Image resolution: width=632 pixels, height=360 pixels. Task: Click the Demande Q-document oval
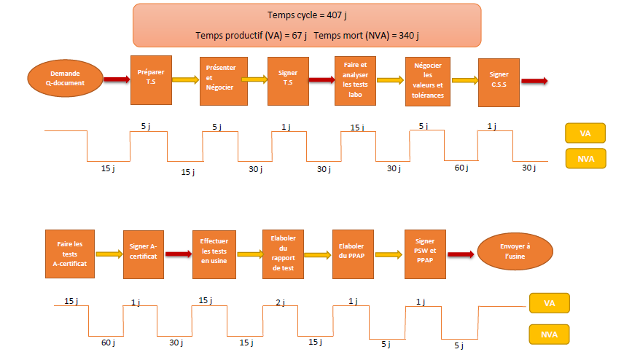pyautogui.click(x=65, y=78)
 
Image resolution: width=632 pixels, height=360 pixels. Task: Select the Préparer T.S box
pyautogui.click(x=150, y=79)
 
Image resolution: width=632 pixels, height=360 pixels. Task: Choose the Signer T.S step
pyautogui.click(x=288, y=79)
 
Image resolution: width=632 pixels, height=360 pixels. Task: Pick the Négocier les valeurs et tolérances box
pyautogui.click(x=428, y=80)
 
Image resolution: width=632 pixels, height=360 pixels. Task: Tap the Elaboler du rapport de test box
pyautogui.click(x=283, y=254)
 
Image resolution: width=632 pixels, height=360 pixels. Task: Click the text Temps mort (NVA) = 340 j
pyautogui.click(x=371, y=35)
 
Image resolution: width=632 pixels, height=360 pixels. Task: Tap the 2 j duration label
pyautogui.click(x=280, y=302)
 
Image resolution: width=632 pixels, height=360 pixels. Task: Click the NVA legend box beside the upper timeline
pyautogui.click(x=585, y=158)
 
